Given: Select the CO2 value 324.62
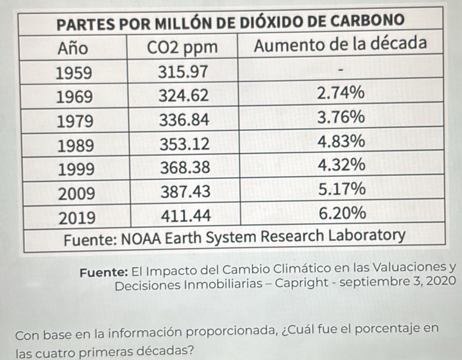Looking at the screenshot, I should (x=184, y=95).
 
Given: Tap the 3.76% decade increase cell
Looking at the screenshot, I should (x=342, y=118).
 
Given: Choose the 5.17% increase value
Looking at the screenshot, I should (x=342, y=189).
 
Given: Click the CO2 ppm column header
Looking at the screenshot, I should (x=184, y=48).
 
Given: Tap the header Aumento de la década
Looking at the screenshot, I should (x=341, y=45).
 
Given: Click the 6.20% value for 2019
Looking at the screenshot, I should (x=342, y=213).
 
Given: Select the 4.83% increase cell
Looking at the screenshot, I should (x=342, y=141).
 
